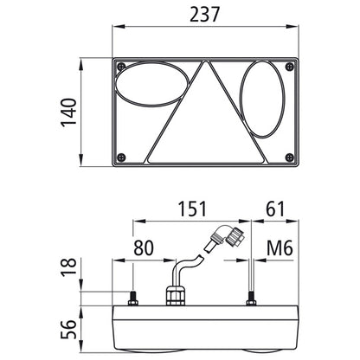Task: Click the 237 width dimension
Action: [x=204, y=14]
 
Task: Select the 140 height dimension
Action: [x=68, y=112]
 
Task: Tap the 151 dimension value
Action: [x=192, y=209]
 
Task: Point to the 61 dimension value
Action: [x=275, y=209]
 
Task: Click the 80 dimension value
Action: [x=144, y=247]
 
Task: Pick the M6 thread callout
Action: [x=280, y=247]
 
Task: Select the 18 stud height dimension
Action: [x=68, y=267]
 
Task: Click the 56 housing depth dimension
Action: [x=68, y=329]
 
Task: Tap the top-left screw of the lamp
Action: [x=121, y=67]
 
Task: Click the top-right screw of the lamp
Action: [x=290, y=67]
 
